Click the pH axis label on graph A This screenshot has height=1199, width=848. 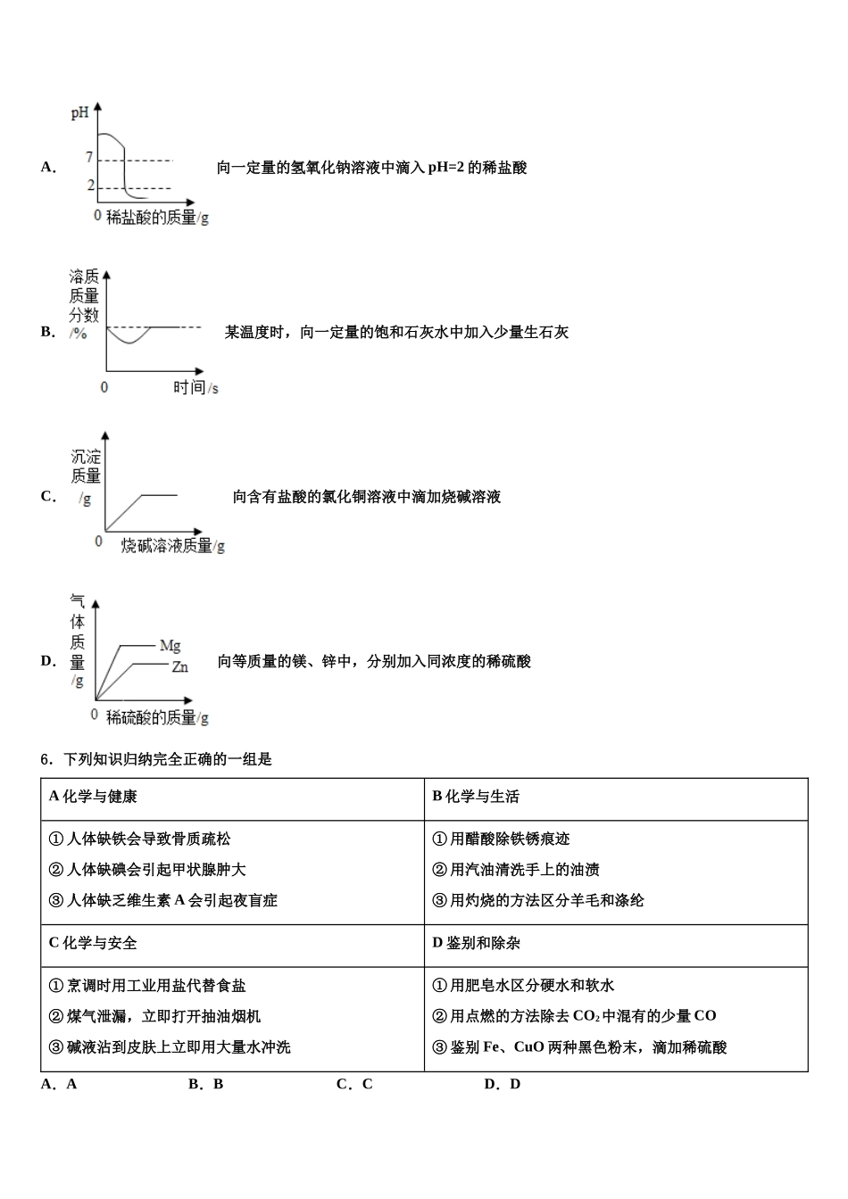79,113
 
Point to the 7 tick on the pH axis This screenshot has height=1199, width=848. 89,158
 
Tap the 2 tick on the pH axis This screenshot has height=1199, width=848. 90,186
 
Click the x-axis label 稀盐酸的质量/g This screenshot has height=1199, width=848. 157,217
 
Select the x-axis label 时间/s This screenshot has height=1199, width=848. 195,387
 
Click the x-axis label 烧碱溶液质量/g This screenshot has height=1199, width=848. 173,546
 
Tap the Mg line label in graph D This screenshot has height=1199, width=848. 170,645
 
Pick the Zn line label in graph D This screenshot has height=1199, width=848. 179,666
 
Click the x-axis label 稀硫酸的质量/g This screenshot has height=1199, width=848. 157,717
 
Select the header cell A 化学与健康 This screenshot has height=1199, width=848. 93,797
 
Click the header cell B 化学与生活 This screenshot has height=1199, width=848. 476,797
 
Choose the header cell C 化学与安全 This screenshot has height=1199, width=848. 93,943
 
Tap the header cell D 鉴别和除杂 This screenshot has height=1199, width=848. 476,943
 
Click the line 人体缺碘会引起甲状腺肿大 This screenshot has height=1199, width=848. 147,870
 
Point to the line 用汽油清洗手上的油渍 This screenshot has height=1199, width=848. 515,870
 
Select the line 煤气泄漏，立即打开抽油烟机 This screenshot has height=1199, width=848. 154,1016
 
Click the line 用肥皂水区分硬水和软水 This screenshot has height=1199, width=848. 523,986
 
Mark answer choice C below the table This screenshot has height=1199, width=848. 354,1084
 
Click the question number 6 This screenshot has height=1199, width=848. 46,760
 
